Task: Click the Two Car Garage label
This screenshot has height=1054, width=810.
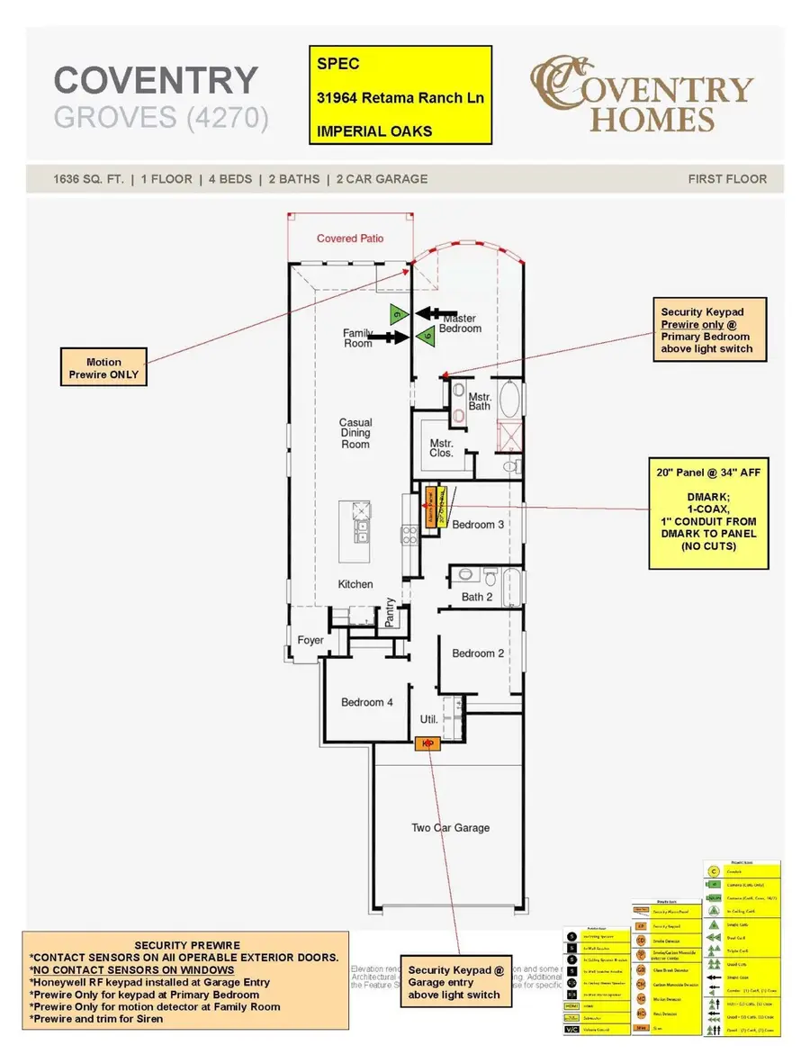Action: [x=451, y=827]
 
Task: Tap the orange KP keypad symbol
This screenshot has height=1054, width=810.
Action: [x=427, y=743]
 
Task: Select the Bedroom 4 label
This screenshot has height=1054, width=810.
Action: [x=367, y=702]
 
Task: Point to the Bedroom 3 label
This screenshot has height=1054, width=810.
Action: [x=478, y=525]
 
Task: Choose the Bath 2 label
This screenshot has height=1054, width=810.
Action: [x=477, y=597]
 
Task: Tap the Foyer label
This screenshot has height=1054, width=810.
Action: [x=310, y=640]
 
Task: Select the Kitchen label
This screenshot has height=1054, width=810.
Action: [x=355, y=584]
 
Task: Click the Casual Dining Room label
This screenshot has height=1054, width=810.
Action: [x=355, y=433]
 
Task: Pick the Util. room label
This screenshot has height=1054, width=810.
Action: [x=429, y=719]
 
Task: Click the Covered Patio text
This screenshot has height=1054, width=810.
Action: [x=350, y=239]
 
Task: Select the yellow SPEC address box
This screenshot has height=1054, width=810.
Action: [x=400, y=95]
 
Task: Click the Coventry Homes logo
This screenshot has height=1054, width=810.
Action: [x=640, y=95]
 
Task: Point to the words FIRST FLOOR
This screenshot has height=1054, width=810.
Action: [x=727, y=178]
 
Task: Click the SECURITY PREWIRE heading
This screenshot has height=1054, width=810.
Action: [x=187, y=945]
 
